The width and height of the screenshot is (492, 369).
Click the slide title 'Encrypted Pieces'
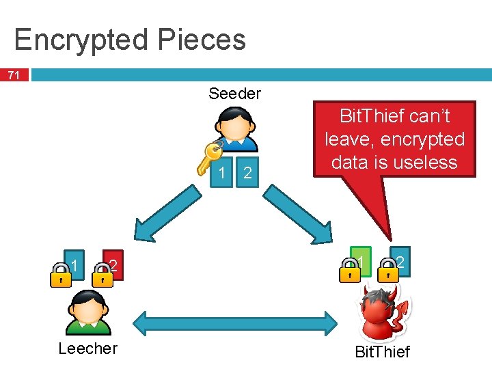tap(130, 40)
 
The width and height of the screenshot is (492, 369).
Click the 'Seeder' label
tap(234, 94)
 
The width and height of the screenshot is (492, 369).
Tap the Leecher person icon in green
tap(87, 311)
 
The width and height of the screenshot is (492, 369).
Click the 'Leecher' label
tap(87, 348)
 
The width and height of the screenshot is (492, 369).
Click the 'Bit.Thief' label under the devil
tap(382, 352)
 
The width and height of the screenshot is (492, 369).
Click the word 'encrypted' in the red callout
tap(423, 139)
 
